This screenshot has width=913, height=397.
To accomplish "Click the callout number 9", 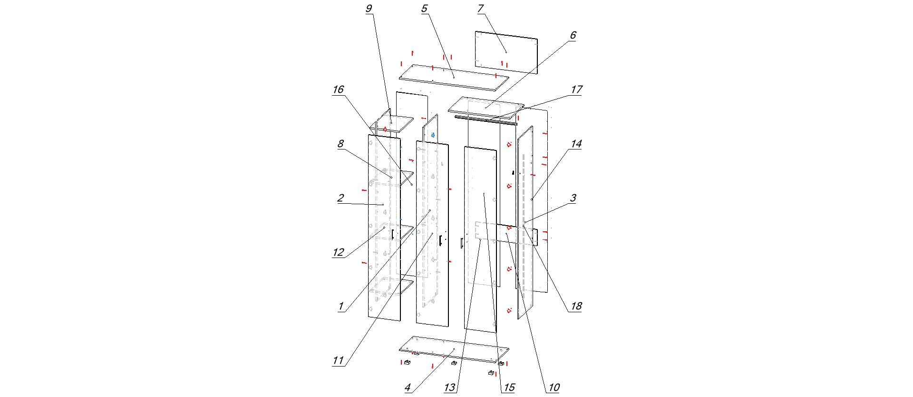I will point(369,9).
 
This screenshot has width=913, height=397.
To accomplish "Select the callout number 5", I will point(424,9).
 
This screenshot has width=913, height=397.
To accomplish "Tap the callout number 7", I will point(480,9).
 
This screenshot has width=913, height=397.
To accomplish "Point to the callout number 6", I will point(573,36).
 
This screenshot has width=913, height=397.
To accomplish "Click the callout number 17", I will point(576,90).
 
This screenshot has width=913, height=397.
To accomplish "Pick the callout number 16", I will point(338,90).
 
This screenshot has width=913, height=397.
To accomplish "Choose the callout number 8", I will point(340,144).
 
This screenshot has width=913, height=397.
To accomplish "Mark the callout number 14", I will point(576,144).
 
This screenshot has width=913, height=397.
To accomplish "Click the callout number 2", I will point(340,198).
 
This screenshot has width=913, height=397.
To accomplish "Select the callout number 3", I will point(573,198).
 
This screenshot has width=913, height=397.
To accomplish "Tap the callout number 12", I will point(338,253).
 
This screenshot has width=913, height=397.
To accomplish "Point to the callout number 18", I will point(576,307).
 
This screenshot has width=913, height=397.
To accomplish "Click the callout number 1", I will point(340,307).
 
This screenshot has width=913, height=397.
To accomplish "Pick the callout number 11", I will point(338,361).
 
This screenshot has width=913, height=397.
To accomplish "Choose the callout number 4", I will point(408,388).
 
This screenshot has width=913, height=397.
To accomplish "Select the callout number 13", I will point(450,388).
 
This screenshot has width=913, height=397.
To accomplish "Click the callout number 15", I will point(509,388).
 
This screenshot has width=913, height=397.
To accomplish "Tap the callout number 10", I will point(554,388).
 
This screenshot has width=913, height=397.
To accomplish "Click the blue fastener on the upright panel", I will point(433,136).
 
